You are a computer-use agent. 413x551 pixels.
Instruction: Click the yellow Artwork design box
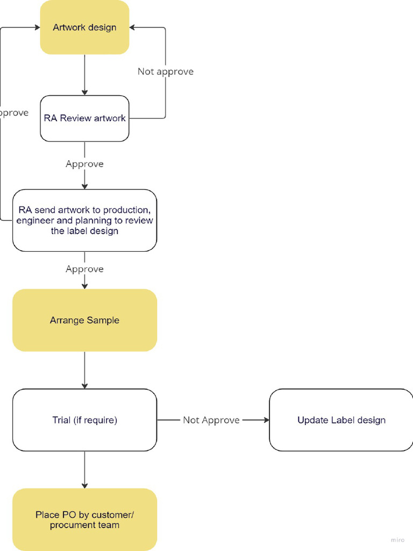coord(84,27)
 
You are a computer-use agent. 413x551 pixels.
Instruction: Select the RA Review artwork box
coord(84,118)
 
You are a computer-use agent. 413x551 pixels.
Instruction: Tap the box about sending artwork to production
coord(84,221)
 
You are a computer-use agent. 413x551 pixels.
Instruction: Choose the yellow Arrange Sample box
coord(84,320)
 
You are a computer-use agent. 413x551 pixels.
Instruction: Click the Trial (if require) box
coord(84,420)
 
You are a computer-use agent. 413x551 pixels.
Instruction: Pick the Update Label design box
coord(341,420)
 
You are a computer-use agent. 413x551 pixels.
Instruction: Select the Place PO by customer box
coord(84,520)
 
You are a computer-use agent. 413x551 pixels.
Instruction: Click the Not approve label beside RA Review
coord(165,72)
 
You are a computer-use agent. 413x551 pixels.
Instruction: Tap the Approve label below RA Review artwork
coord(84,164)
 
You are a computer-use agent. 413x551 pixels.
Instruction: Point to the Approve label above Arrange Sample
coord(84,269)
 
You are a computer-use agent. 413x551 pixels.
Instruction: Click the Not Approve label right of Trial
coord(211,420)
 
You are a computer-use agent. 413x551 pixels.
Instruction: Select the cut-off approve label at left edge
coord(14,114)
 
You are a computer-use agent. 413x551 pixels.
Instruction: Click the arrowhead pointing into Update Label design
coord(266,420)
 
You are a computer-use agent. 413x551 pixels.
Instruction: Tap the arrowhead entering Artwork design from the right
coord(132,27)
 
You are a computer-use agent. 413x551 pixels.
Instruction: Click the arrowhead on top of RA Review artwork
coord(84,93)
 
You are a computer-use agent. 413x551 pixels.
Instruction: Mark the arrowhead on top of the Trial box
coord(84,385)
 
